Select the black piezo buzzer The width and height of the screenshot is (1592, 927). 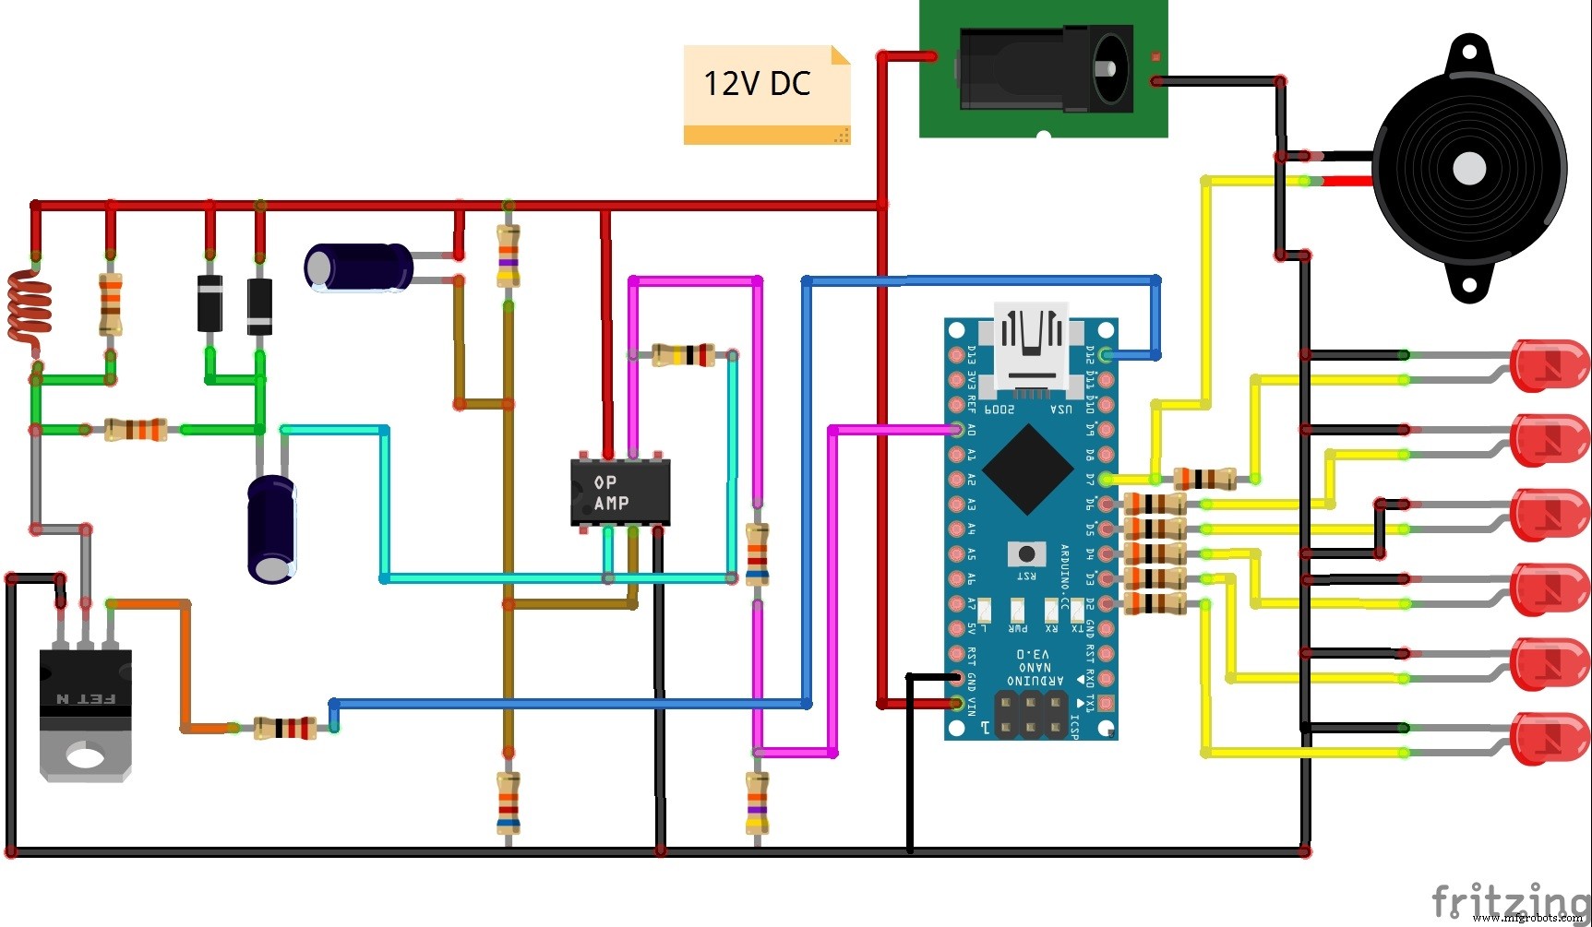(1469, 169)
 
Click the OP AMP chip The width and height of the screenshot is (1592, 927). (620, 493)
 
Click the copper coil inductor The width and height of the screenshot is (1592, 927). (28, 309)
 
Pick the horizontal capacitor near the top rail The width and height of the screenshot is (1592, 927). (359, 267)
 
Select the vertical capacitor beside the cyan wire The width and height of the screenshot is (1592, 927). (271, 529)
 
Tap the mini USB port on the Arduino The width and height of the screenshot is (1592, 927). (1032, 346)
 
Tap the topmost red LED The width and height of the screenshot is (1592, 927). (1548, 365)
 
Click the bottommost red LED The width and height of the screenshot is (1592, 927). (1548, 738)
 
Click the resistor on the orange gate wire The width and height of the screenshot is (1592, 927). (284, 728)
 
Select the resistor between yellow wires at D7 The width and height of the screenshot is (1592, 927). (1204, 479)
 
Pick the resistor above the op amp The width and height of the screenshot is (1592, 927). (683, 354)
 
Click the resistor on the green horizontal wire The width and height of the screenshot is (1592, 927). (135, 430)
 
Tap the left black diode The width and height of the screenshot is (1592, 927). (210, 303)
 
